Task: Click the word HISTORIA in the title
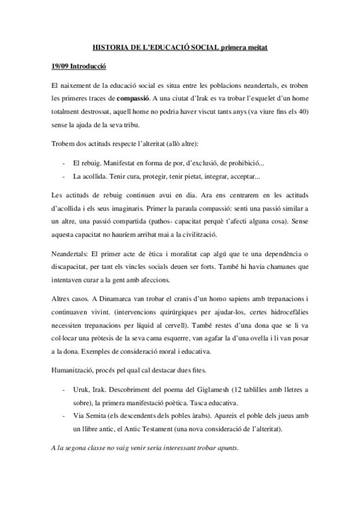111,47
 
